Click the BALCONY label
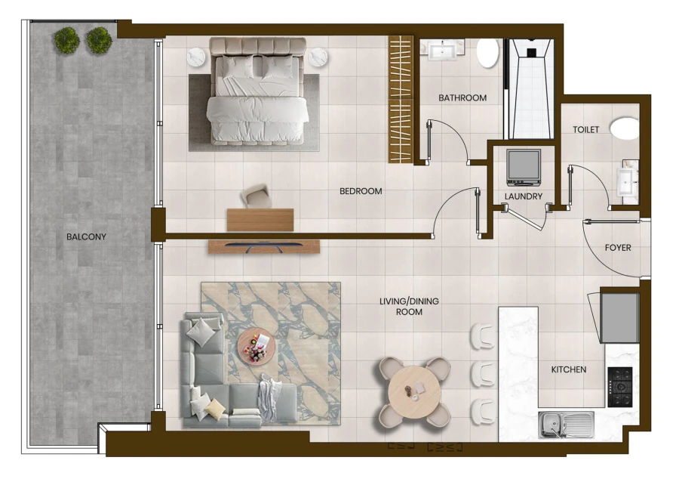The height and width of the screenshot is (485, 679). click(x=86, y=236)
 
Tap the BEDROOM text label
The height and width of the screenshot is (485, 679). click(x=361, y=191)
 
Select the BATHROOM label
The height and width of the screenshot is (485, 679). click(x=462, y=97)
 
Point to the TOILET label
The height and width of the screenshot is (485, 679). click(x=585, y=130)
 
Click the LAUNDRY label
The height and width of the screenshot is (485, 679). click(x=524, y=196)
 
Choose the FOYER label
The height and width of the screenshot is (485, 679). click(x=618, y=248)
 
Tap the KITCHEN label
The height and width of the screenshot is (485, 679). click(x=569, y=369)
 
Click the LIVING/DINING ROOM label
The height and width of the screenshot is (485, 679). click(x=409, y=306)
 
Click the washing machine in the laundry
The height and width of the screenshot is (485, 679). click(x=524, y=167)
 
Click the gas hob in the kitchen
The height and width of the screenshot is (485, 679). click(x=620, y=387)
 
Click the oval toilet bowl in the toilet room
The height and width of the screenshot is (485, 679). click(x=624, y=127)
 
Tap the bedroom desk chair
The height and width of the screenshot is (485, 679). click(x=257, y=196)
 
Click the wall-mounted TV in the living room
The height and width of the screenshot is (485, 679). click(x=264, y=246)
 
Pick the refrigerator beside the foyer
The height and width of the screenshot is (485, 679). click(x=619, y=317)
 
